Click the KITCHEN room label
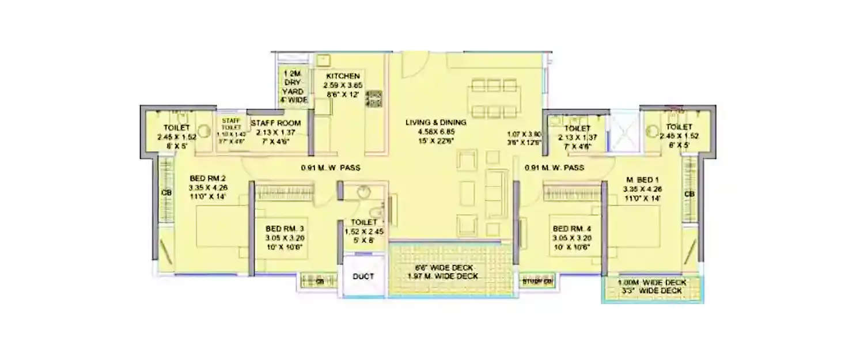pyautogui.click(x=343, y=76)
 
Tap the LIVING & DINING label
pyautogui.click(x=435, y=122)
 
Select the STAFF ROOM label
pyautogui.click(x=275, y=123)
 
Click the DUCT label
pyautogui.click(x=363, y=276)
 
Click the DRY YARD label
pyautogui.click(x=293, y=91)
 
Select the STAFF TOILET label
pyautogui.click(x=231, y=124)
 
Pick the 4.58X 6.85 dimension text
pyautogui.click(x=435, y=131)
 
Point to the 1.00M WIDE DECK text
pyautogui.click(x=651, y=283)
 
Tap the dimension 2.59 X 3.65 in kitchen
pyautogui.click(x=343, y=85)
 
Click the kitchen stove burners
pyautogui.click(x=374, y=98)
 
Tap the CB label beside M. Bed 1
pyautogui.click(x=689, y=194)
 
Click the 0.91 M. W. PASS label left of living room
pyautogui.click(x=330, y=168)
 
